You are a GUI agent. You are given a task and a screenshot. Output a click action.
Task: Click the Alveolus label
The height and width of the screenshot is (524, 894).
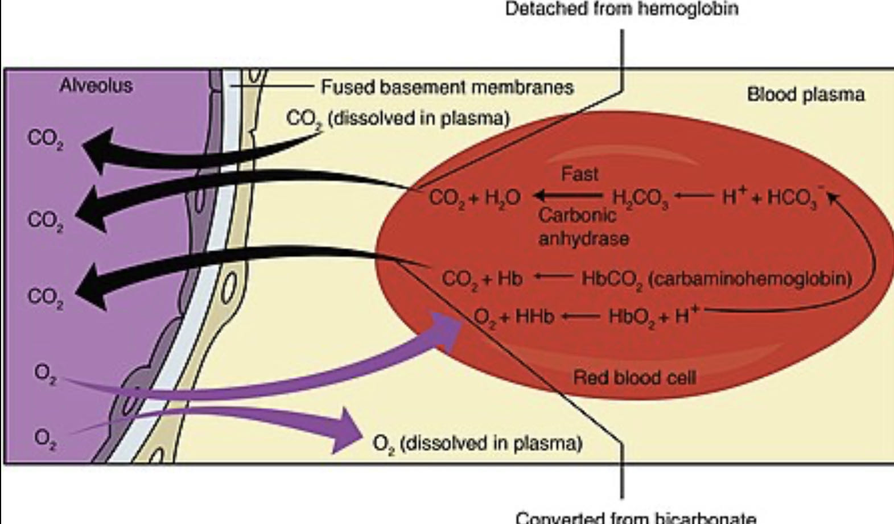pos(96,85)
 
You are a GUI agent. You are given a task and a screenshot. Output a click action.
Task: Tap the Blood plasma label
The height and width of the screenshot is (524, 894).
pos(805,94)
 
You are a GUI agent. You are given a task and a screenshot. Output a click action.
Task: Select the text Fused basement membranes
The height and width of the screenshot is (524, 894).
pos(447,87)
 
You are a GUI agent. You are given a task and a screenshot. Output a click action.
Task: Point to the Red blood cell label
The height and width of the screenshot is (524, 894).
pos(634,377)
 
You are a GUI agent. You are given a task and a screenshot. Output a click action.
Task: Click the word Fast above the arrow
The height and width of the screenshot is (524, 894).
pos(579,174)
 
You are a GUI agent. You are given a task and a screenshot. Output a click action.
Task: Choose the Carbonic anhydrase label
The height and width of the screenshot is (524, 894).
pos(583,226)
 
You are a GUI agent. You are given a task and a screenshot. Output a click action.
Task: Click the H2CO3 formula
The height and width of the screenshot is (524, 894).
pos(640,198)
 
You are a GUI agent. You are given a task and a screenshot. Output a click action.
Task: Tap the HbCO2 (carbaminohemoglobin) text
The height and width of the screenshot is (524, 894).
pos(716,279)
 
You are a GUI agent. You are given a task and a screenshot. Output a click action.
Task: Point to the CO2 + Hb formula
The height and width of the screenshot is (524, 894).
pos(481,279)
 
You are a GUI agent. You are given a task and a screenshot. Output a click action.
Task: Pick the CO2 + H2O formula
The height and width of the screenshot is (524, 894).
pos(474,198)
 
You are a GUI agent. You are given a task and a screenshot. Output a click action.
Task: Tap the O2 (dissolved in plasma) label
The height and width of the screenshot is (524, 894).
pos(477,443)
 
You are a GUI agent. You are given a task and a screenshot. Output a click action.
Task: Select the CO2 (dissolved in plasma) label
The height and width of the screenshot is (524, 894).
pos(397,118)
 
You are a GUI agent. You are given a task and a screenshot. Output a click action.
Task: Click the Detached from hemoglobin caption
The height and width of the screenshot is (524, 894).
pos(621,9)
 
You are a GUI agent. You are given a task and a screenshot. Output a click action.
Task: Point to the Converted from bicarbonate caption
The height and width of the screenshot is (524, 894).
pos(636,517)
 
